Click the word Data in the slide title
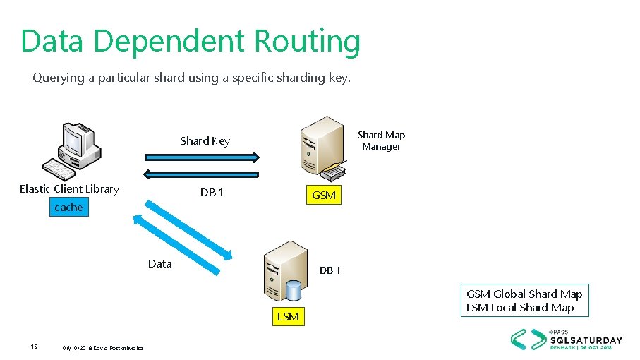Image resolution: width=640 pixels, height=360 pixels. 54,42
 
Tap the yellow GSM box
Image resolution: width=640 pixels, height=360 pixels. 323,196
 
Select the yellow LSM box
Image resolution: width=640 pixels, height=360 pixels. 288,317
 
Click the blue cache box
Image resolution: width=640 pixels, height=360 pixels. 68,207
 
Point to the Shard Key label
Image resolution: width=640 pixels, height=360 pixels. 205,141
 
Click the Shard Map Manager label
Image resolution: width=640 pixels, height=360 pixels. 381,140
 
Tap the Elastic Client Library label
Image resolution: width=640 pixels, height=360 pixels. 69,188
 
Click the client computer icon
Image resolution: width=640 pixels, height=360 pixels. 73,150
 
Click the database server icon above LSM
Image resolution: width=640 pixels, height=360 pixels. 285,272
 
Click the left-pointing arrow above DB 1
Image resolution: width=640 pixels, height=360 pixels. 203,174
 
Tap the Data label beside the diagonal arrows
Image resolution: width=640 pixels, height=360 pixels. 160,264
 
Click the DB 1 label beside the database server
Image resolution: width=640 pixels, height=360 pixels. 330,270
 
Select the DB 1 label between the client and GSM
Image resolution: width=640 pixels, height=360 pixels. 212,193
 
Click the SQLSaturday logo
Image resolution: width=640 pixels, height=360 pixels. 567,339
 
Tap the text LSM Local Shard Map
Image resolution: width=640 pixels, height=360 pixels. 520,308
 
